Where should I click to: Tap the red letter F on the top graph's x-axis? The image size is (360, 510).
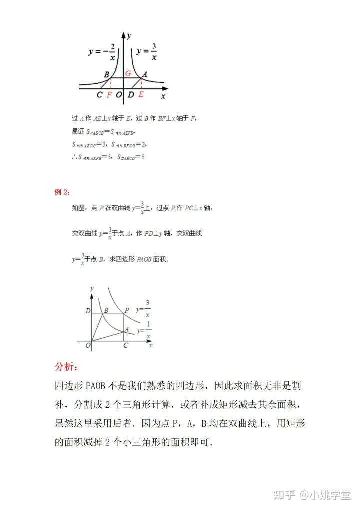pyautogui.click(x=109, y=94)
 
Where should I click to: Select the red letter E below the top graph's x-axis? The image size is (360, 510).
pyautogui.click(x=141, y=94)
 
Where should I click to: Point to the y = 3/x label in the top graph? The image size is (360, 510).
pyautogui.click(x=146, y=52)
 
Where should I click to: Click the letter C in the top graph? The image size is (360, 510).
pyautogui.click(x=100, y=94)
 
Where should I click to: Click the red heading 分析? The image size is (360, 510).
pyautogui.click(x=66, y=367)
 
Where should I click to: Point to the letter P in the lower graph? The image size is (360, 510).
pyautogui.click(x=127, y=310)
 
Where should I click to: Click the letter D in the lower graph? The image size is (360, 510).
pyautogui.click(x=88, y=311)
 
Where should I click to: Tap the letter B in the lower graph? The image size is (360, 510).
pyautogui.click(x=106, y=310)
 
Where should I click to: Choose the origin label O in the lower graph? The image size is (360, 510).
pyautogui.click(x=88, y=345)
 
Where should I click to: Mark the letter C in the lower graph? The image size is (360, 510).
pyautogui.click(x=125, y=346)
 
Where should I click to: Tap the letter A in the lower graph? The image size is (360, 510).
pyautogui.click(x=127, y=329)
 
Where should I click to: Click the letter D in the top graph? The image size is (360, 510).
pyautogui.click(x=131, y=94)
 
